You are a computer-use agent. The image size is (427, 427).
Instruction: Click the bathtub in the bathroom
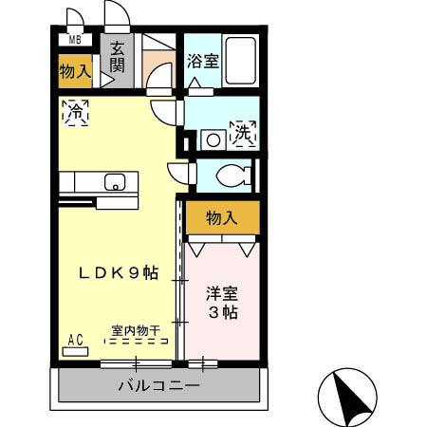coord(240,60)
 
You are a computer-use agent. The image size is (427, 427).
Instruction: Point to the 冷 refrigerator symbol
coord(75,111)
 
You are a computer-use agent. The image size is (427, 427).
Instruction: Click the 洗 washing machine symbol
coord(243,133)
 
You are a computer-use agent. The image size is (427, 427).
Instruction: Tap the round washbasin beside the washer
coord(212,139)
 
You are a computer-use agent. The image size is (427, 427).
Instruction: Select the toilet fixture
coord(232,176)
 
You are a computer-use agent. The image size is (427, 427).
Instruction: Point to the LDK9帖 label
coord(118,273)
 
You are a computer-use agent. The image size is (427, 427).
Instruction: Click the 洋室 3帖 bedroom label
coord(222,303)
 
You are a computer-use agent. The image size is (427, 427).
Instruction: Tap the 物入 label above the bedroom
coord(221,218)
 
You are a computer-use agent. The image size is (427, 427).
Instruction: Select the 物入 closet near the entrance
coord(75,70)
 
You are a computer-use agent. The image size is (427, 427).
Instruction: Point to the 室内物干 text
coord(135,330)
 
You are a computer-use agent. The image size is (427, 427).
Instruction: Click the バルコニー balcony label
coord(158,387)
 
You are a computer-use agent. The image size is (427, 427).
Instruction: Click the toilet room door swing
coord(180,173)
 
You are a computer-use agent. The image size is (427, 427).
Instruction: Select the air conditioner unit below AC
coord(75,351)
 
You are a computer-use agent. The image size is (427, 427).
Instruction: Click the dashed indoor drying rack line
coord(135,341)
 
